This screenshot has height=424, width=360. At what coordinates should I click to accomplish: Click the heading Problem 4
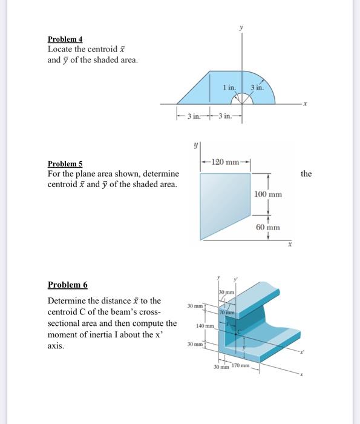65,39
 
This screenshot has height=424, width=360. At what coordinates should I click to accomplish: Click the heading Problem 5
65,164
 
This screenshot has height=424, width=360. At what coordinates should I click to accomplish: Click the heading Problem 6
68,285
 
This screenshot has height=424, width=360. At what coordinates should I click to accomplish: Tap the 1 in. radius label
229,88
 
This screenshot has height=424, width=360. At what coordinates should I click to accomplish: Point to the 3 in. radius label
257,88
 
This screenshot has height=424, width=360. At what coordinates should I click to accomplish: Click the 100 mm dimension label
268,194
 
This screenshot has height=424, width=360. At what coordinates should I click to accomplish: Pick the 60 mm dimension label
268,227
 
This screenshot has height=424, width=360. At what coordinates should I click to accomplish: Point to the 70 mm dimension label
226,312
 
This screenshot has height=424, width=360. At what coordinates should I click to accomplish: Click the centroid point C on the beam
239,331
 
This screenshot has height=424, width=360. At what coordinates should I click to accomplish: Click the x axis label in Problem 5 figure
289,246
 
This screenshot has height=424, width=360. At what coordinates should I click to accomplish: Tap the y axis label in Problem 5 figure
195,145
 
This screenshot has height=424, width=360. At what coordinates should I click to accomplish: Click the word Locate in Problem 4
61,49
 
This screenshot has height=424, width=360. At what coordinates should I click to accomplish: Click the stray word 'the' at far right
306,174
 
